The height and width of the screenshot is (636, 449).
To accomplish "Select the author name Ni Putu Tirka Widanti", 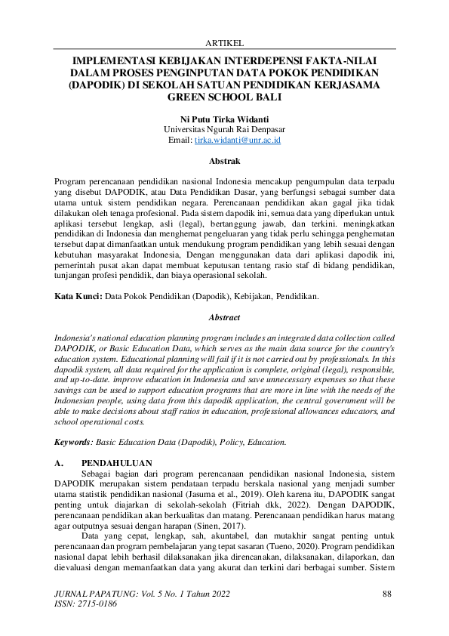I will click(224, 119).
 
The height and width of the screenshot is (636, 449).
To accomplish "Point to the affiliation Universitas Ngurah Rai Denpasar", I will click(224, 129).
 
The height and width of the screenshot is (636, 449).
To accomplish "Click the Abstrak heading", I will click(224, 161).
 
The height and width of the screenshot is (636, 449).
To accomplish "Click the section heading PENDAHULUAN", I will click(116, 462).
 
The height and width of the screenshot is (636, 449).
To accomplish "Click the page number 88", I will click(387, 594).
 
